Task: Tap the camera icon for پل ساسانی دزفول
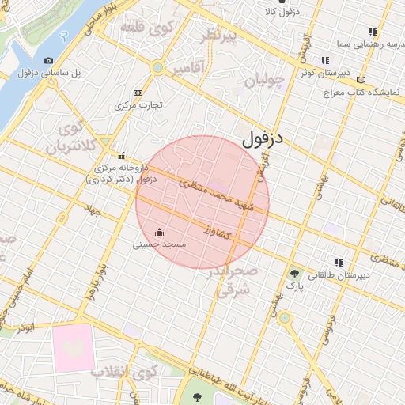[x=49, y=61]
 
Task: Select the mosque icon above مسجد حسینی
[x=160, y=233]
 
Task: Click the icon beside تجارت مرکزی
[x=138, y=93]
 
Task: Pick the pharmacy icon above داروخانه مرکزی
[x=121, y=156]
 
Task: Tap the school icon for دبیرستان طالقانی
[x=339, y=263]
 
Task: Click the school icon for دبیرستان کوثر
[x=324, y=60]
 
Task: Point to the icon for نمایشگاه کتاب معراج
[x=361, y=79]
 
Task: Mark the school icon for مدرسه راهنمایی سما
[x=372, y=32]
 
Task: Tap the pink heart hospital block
[x=73, y=346]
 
